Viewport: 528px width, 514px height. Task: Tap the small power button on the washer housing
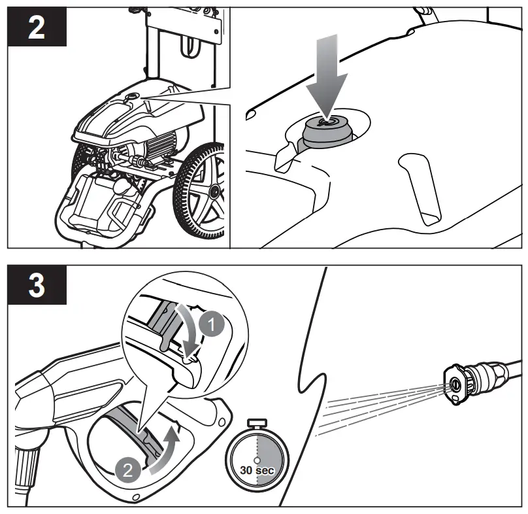tap(131, 96)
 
